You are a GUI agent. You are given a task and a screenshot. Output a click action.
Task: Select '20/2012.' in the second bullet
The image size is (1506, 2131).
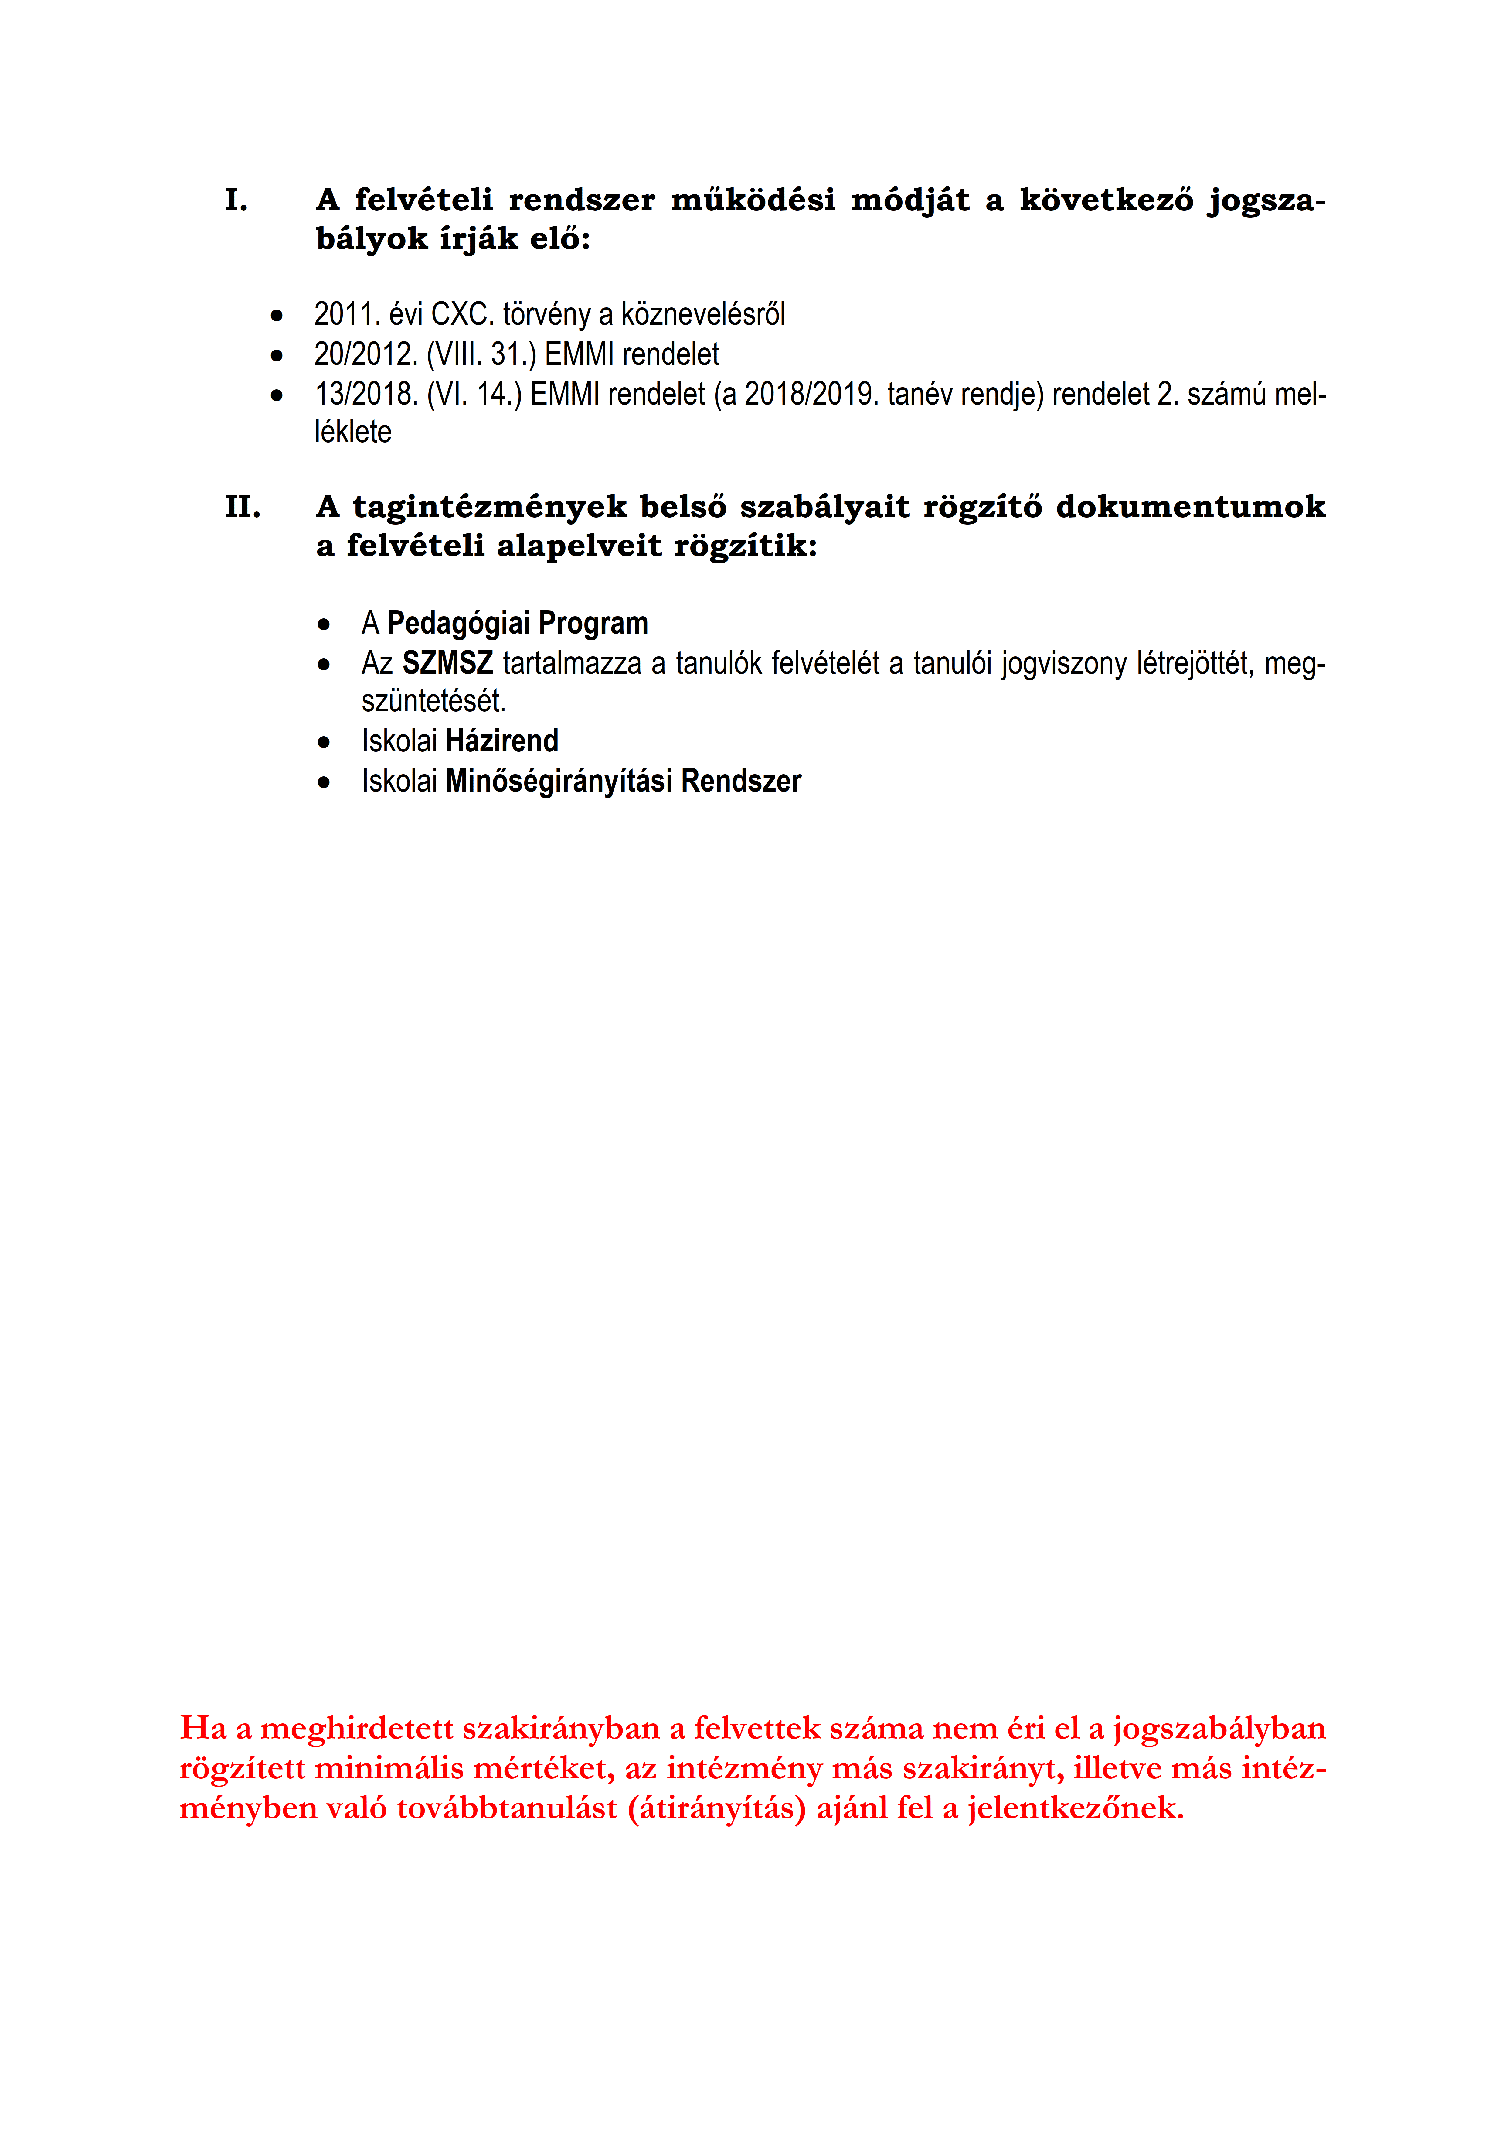coord(365,354)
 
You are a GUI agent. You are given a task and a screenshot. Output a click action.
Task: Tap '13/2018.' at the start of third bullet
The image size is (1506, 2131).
coord(365,395)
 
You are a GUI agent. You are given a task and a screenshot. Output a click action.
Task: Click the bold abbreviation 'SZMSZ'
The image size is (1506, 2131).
coord(447,664)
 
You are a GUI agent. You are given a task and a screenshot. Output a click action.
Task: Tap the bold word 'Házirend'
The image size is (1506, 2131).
coord(502,741)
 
